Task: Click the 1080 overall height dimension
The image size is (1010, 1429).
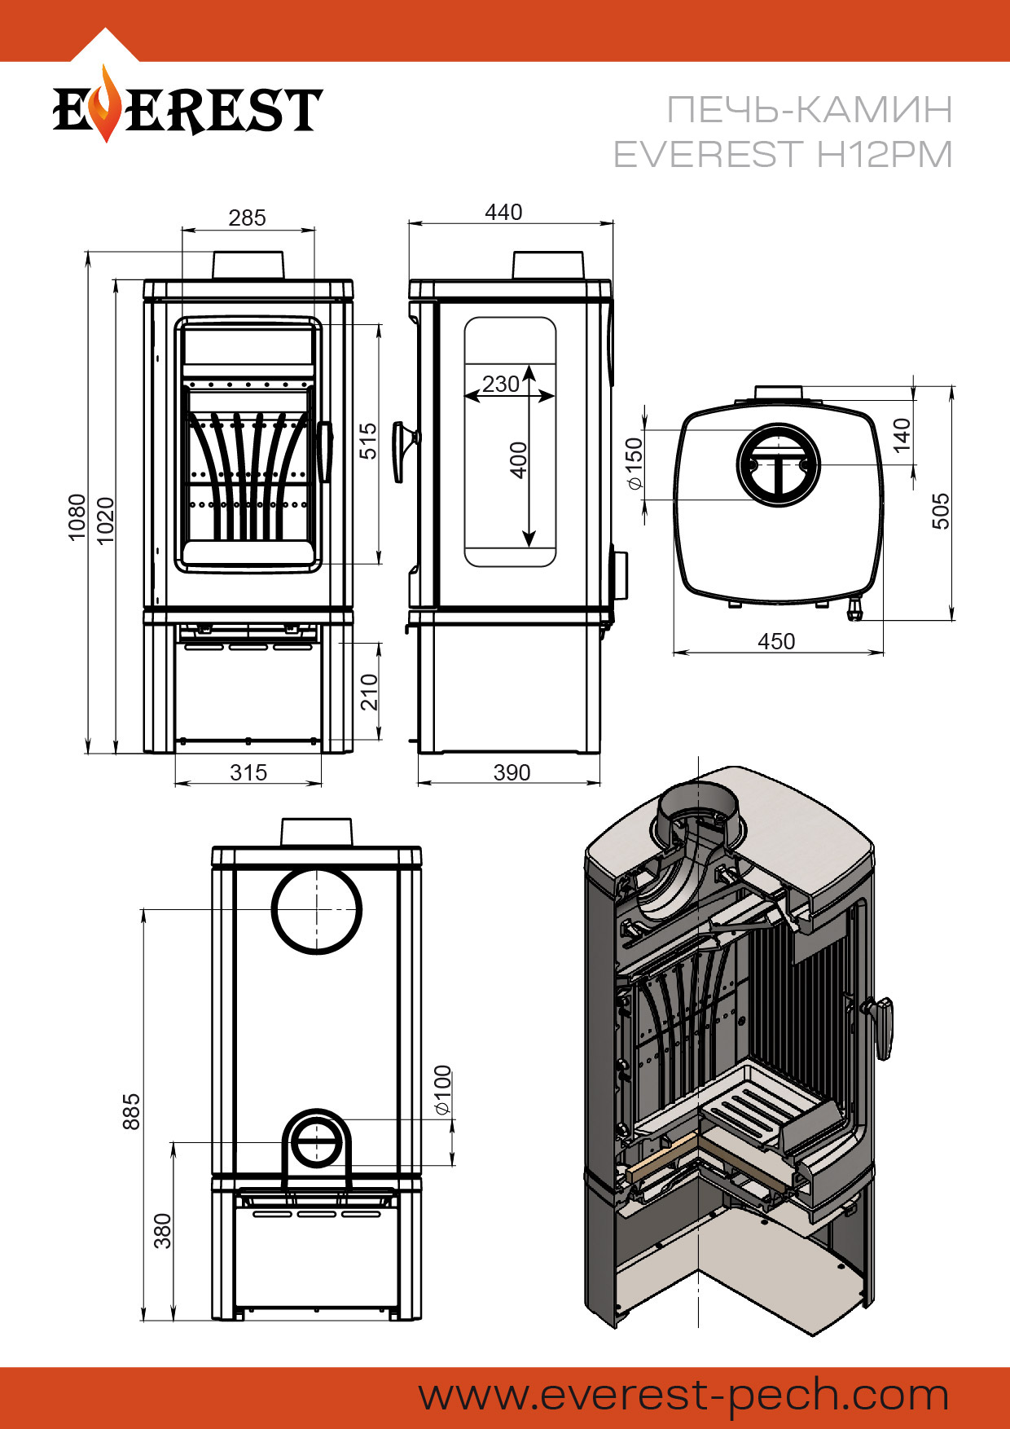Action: pos(77,517)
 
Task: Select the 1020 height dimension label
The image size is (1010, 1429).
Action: pos(106,519)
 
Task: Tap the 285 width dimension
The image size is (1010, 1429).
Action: pos(247,218)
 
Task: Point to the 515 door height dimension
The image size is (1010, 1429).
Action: pos(369,441)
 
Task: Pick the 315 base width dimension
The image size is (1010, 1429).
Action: pos(248,772)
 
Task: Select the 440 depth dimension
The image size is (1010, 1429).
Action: pos(503,212)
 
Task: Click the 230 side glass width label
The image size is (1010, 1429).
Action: pos(500,384)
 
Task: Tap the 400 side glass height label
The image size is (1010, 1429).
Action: pos(519,460)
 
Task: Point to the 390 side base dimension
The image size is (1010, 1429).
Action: pos(512,772)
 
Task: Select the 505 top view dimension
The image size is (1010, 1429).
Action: pos(941,511)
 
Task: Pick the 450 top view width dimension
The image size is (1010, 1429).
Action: pos(776,642)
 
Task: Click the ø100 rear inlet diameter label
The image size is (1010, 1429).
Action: pos(442,1090)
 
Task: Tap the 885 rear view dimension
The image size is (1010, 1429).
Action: pos(131,1111)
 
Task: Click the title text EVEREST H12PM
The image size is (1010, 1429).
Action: pos(782,154)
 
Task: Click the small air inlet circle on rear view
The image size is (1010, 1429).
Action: pos(317,1143)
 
